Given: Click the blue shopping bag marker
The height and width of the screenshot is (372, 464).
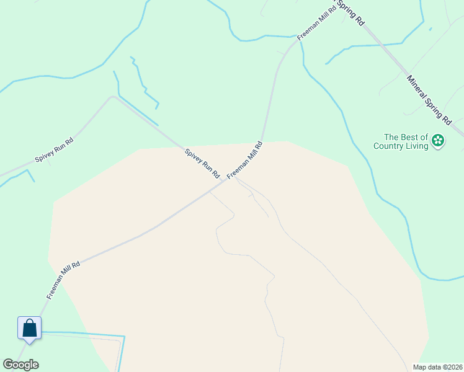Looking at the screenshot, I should click(29, 327).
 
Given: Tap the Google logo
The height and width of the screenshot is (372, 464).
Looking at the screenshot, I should click(20, 365).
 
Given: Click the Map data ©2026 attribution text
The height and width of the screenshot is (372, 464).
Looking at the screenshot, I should click(437, 366).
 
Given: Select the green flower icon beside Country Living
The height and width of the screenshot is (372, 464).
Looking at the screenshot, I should click(438, 141).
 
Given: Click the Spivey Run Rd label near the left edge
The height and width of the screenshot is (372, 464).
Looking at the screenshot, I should click(54, 149).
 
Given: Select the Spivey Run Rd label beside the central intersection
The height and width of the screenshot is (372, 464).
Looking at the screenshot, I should click(202, 164).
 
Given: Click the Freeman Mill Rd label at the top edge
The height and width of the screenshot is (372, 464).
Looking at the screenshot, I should click(316, 22).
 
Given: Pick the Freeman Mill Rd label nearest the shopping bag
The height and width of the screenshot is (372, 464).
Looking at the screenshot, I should click(63, 280).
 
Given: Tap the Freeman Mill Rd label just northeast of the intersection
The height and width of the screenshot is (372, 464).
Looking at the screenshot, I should click(245, 160).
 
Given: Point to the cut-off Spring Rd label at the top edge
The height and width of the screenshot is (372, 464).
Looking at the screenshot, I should click(351, 12).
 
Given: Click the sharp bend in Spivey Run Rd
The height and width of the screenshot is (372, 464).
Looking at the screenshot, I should click(112, 97).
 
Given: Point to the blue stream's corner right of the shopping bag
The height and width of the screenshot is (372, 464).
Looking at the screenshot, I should click(124, 337).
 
